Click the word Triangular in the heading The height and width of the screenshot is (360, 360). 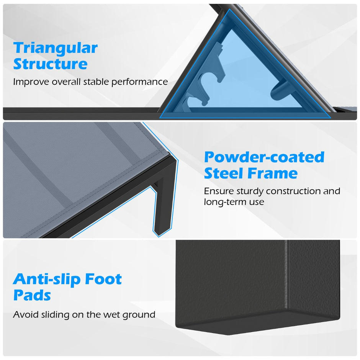55,48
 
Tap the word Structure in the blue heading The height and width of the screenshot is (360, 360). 50,64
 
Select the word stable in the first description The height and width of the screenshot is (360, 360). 96,82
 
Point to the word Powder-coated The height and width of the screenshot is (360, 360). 264,157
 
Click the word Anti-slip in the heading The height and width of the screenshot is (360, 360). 47,279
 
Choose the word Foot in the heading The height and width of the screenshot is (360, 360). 103,279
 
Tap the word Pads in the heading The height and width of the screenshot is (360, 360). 32,295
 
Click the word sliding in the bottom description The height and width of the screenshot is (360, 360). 55,315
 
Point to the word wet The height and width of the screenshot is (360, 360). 112,315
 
